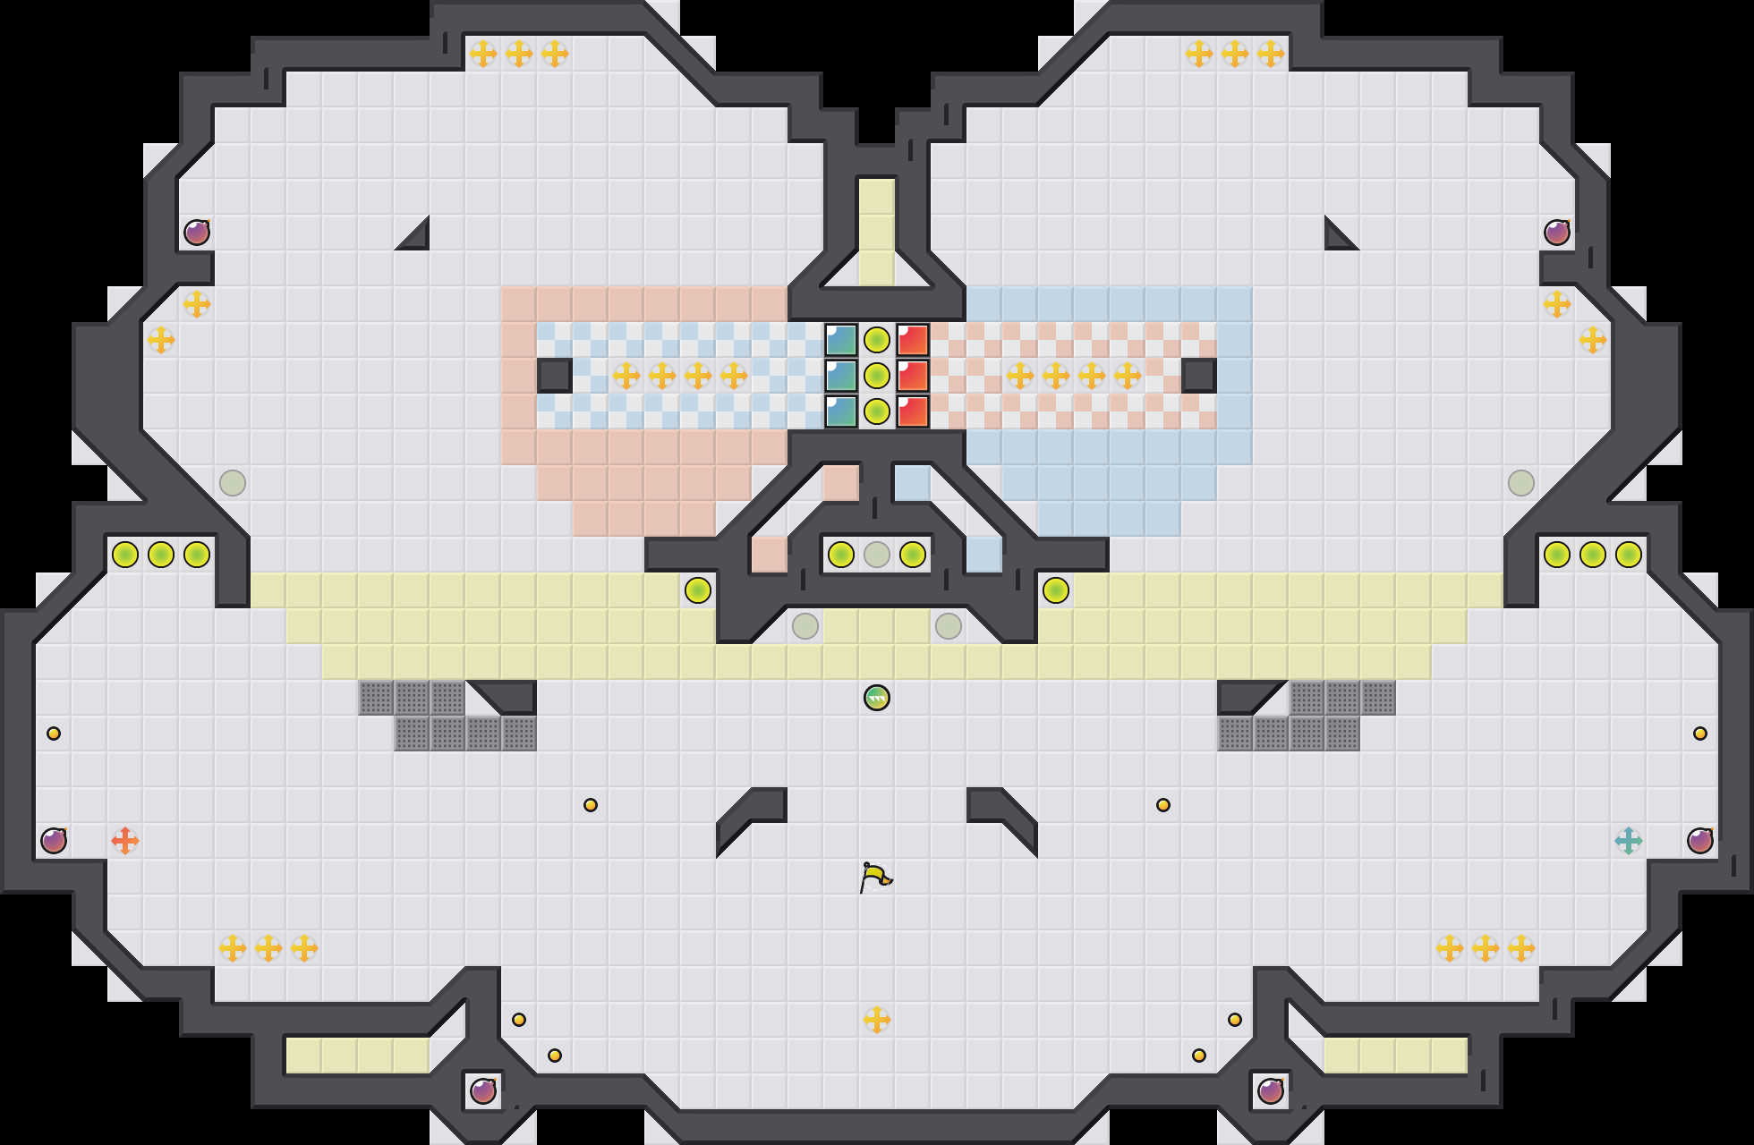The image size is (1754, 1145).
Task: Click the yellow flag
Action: tap(875, 877)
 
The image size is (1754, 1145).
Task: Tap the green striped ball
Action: tap(877, 698)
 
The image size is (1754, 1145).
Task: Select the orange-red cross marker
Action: tap(125, 841)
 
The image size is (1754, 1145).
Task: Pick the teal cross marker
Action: tap(1629, 841)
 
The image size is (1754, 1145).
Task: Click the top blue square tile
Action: tap(841, 340)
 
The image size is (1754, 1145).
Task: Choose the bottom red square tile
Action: tap(913, 411)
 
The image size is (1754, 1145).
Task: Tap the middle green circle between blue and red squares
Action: tap(877, 376)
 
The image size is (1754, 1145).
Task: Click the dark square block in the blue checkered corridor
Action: tap(555, 376)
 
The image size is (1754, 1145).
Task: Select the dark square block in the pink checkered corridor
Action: tap(1199, 376)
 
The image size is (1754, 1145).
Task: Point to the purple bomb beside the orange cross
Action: tap(54, 841)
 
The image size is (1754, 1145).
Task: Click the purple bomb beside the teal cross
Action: tap(1700, 841)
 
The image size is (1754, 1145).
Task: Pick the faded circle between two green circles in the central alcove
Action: tap(877, 555)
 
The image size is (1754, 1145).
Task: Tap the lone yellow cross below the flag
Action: tap(877, 1020)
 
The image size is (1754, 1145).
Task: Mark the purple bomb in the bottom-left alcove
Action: tap(483, 1091)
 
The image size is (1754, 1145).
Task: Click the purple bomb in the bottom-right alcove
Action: tap(1271, 1091)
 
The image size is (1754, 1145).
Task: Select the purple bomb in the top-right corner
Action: tap(1557, 233)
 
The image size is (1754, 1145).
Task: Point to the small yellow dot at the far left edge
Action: tap(54, 734)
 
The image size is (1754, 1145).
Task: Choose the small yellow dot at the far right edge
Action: tap(1700, 734)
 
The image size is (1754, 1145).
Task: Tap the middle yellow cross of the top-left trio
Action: tap(519, 54)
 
